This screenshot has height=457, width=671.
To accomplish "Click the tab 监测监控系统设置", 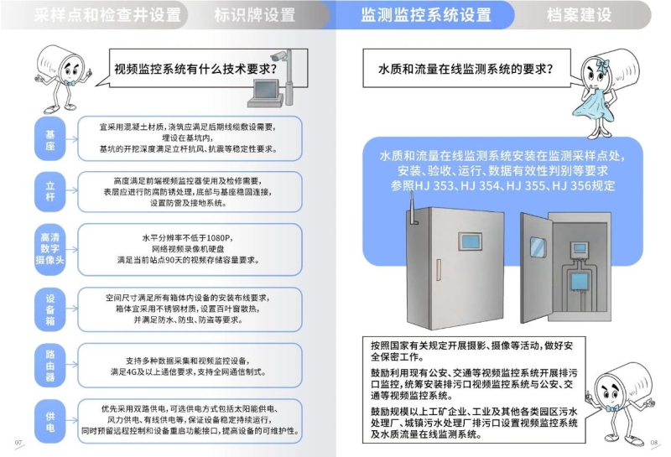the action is pos(425,15).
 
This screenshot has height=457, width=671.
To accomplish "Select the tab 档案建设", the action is pos(580,15).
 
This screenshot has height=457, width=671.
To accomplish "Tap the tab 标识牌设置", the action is pos(255,15).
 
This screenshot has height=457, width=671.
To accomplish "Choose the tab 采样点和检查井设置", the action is pos(107,15).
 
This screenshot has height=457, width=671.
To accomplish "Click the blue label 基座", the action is pos(50,139).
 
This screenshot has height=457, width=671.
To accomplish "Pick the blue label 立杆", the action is pos(50,191).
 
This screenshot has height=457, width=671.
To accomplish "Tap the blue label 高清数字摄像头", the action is pos(50,249).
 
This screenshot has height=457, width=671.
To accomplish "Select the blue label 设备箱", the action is pos(50,309).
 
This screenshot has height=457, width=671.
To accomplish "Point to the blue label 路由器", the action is pos(50,366).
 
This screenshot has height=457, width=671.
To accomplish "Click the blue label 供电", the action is pos(50,422).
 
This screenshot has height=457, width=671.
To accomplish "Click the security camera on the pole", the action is pos(279,55).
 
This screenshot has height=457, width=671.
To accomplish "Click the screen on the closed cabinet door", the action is pos(470,241).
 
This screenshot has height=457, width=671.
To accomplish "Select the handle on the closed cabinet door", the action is pos(439,270).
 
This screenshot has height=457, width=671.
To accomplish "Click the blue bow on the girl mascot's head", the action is pos(602,65).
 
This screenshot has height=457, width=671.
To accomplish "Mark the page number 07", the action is pos(18,443).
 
